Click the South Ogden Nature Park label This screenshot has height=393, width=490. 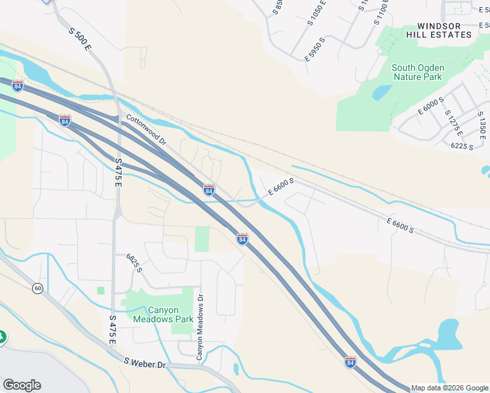pos(417,72)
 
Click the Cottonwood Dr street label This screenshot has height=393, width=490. pos(147,130)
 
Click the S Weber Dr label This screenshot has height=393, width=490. pos(144,362)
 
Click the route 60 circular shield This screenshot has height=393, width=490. pos(38,288)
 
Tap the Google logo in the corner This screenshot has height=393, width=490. pos(22,385)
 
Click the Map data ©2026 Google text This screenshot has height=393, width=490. pos(449,388)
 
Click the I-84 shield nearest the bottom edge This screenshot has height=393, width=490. pos(350,362)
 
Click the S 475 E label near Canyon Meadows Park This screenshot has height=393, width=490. pos(112,330)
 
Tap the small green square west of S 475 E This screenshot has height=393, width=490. pos(101,290)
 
